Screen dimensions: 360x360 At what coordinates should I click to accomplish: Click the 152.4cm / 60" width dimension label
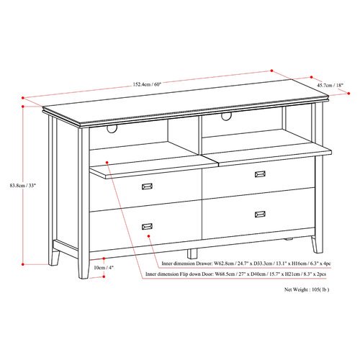147,84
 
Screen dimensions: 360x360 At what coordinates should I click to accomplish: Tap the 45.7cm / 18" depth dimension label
330,85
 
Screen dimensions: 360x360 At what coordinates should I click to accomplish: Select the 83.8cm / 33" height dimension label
23,185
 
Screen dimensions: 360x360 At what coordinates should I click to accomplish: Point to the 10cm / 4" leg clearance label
104,268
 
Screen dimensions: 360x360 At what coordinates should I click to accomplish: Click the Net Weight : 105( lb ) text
307,289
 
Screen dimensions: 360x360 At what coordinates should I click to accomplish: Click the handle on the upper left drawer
147,186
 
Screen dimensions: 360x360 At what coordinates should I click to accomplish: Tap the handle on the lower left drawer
147,226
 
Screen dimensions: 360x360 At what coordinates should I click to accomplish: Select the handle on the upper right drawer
260,174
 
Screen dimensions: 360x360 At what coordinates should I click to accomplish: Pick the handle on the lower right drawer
260,214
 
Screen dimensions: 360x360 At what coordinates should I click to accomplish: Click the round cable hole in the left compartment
112,129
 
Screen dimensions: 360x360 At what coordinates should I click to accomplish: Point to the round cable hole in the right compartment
225,117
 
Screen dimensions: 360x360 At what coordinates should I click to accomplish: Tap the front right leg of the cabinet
317,244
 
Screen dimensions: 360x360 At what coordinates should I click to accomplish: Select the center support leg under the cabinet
192,253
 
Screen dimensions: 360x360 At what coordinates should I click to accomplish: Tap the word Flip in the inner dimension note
184,274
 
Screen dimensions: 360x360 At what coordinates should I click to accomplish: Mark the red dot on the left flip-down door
107,163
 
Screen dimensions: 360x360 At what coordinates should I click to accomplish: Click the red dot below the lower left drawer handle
149,236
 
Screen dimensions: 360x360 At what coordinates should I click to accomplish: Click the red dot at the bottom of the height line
23,264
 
